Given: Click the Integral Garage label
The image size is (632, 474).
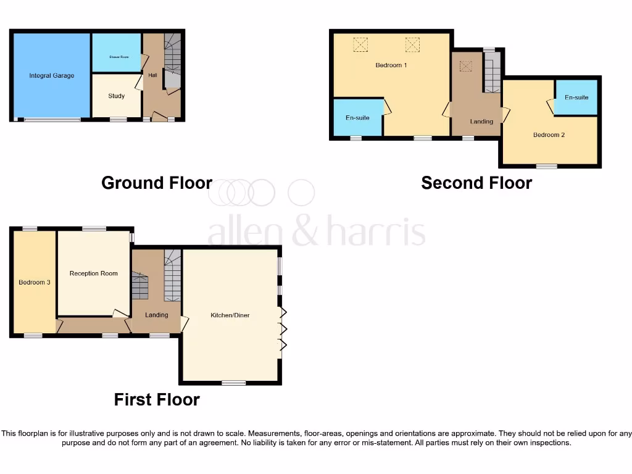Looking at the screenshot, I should pyautogui.click(x=52, y=76).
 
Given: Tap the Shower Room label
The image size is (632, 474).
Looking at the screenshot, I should pyautogui.click(x=116, y=57).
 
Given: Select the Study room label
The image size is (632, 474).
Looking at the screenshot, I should pyautogui.click(x=116, y=96).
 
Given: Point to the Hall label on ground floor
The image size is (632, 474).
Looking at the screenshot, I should pyautogui.click(x=152, y=75).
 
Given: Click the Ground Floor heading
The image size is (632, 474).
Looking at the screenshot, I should pyautogui.click(x=157, y=183).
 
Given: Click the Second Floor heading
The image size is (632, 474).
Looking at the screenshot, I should pyautogui.click(x=476, y=183).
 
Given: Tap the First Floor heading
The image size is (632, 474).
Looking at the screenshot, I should pyautogui.click(x=157, y=399).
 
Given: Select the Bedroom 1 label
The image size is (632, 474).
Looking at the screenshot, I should pyautogui.click(x=391, y=65).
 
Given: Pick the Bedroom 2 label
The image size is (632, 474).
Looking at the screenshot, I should pyautogui.click(x=549, y=135).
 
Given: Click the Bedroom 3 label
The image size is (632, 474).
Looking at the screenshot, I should pyautogui.click(x=34, y=282).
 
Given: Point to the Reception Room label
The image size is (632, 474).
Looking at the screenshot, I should pyautogui.click(x=93, y=273).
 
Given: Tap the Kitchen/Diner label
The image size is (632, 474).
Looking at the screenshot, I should pyautogui.click(x=230, y=315).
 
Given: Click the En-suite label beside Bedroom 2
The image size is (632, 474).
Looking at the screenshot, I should pyautogui.click(x=576, y=98).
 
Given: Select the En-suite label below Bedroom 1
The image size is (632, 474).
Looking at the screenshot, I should pyautogui.click(x=357, y=117).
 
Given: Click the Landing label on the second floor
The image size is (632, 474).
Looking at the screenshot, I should pyautogui.click(x=481, y=122).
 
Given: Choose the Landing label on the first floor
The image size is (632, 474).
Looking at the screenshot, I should pyautogui.click(x=156, y=315).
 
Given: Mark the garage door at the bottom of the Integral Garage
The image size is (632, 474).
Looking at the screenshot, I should pyautogui.click(x=52, y=120).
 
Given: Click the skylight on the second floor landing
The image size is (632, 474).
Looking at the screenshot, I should pyautogui.click(x=466, y=65).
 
